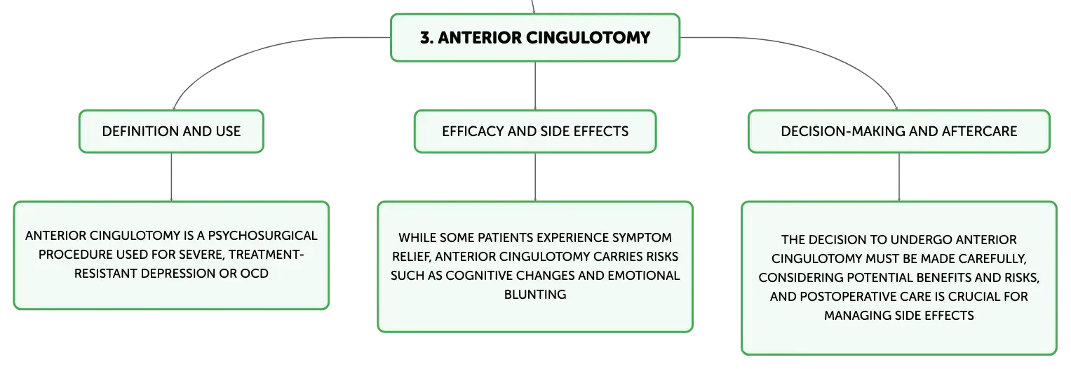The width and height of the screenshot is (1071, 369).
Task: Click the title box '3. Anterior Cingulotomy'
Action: tap(535, 38)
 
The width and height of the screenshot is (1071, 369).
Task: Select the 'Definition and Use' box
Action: tap(171, 131)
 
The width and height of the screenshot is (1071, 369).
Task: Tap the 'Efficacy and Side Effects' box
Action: tap(535, 131)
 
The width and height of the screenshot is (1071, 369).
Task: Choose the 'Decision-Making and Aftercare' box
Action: tap(899, 131)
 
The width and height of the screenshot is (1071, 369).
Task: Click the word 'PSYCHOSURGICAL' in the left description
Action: tap(262, 236)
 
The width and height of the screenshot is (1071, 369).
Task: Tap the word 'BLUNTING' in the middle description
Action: tap(535, 295)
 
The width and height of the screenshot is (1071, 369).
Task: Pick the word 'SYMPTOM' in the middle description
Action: tap(642, 238)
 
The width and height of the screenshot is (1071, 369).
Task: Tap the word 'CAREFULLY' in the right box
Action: tap(992, 259)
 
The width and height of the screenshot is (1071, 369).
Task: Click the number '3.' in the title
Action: tap(426, 38)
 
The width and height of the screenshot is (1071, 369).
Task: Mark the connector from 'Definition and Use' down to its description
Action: tap(171, 177)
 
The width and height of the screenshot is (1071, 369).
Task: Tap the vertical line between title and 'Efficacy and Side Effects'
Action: tap(535, 86)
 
